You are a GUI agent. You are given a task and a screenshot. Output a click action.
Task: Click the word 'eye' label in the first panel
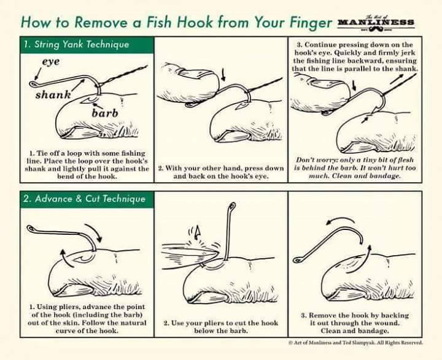(x=51, y=62)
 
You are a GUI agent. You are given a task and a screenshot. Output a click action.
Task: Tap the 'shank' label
(x=53, y=94)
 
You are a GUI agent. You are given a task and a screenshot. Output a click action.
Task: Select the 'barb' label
(x=105, y=113)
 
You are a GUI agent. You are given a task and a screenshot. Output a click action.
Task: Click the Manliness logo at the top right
(x=376, y=23)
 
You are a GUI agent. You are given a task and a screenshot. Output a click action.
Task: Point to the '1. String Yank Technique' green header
(x=87, y=45)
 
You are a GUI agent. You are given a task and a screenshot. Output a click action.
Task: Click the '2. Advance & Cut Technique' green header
(x=87, y=199)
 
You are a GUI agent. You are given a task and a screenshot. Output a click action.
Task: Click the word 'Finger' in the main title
(x=311, y=22)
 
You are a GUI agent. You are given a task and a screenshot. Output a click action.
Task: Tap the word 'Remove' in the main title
(x=101, y=22)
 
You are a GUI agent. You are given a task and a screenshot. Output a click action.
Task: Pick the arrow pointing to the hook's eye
(x=37, y=74)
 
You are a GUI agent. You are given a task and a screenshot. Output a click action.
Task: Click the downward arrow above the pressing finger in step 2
(x=224, y=74)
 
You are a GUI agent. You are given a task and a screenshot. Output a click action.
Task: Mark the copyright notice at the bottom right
(x=355, y=343)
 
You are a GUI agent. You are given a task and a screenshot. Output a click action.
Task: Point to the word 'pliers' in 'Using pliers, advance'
(x=69, y=307)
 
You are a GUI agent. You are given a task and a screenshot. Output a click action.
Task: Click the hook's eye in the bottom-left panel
(x=31, y=229)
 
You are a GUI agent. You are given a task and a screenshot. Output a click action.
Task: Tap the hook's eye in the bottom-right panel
(x=297, y=260)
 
